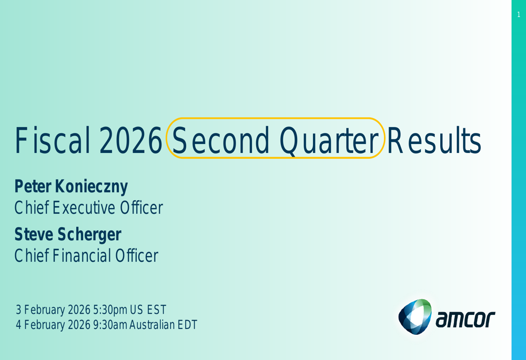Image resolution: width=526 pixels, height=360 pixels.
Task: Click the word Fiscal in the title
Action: click(52, 140)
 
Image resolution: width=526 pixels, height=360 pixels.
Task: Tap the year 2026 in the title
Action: click(130, 140)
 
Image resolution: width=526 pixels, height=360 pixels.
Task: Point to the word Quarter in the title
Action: click(329, 141)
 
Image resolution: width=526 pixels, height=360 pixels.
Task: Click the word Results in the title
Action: click(434, 140)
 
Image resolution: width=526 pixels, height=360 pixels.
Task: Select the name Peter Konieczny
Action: click(71, 187)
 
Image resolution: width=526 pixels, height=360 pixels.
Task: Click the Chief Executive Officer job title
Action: click(88, 208)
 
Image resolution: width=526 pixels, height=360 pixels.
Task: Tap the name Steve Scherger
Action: click(68, 234)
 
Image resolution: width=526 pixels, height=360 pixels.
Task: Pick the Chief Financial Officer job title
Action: click(86, 255)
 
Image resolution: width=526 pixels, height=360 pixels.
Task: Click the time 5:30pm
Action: click(110, 310)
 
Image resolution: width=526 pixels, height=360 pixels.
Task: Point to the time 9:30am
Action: click(110, 324)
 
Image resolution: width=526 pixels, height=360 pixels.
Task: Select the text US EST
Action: click(148, 310)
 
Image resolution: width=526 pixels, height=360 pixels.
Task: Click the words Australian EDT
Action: click(164, 324)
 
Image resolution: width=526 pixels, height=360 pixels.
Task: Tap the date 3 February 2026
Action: click(53, 310)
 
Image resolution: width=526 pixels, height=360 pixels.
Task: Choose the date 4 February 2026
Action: click(53, 324)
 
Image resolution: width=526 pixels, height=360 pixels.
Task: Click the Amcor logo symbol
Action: click(415, 316)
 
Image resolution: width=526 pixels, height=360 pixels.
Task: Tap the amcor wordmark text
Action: click(466, 319)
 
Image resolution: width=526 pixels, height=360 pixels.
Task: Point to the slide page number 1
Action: click(519, 14)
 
